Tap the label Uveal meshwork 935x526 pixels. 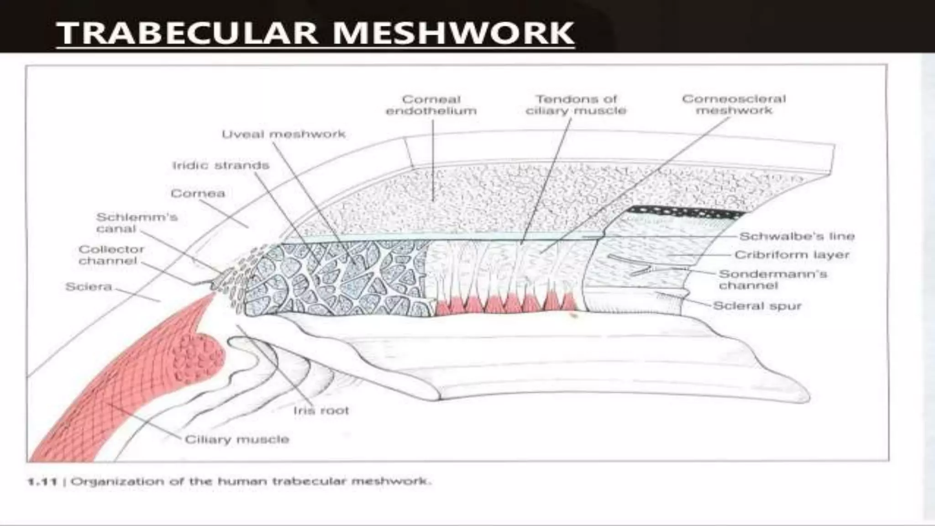[284, 134]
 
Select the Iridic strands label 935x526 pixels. [221, 165]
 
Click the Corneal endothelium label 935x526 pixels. [431, 105]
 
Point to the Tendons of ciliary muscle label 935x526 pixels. [576, 105]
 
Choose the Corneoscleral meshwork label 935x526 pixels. [734, 105]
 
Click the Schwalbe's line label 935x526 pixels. [797, 236]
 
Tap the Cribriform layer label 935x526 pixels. [792, 255]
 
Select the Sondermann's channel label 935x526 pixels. [772, 279]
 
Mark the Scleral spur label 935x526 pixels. [757, 306]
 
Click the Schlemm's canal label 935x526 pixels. [137, 222]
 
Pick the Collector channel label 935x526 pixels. [111, 255]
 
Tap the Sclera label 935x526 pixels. [89, 287]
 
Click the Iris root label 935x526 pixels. [321, 410]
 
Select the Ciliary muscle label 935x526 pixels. [237, 439]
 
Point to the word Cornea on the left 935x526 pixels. [198, 194]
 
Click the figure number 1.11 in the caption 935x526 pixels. [42, 482]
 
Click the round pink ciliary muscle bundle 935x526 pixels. [198, 358]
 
